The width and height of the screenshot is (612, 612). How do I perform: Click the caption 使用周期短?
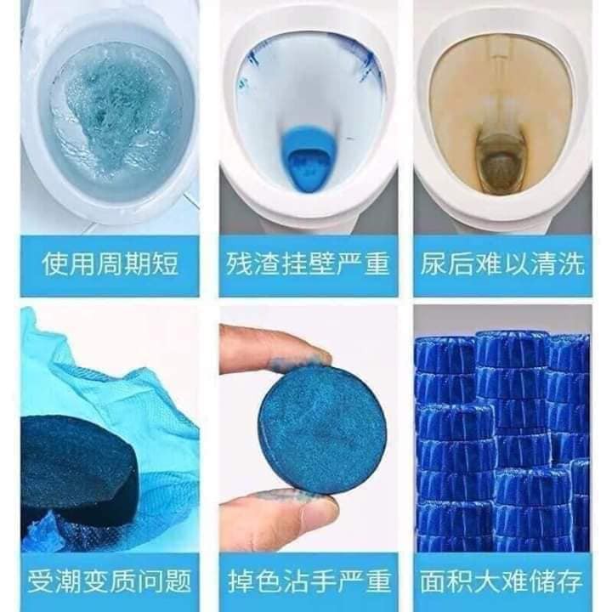point(110,264)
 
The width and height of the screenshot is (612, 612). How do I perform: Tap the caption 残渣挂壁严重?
point(308,264)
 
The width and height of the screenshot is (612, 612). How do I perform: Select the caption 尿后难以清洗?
point(502,264)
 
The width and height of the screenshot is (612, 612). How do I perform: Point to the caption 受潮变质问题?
point(110,581)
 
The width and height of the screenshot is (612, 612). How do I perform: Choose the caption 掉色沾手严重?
point(309,581)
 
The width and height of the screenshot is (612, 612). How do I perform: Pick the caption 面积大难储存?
point(501,581)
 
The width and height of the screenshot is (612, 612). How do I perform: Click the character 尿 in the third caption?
point(433,264)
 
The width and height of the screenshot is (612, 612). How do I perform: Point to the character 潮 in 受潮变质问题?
point(68,581)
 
